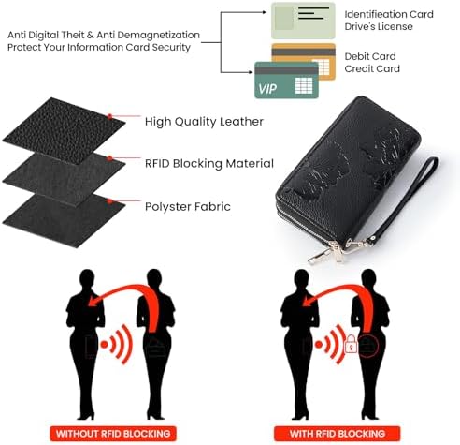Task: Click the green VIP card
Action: click(286, 81)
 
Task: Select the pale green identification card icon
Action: click(303, 21)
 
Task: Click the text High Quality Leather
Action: click(204, 122)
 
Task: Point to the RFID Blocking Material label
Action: click(209, 163)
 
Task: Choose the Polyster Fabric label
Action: click(188, 206)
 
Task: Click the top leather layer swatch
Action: click(64, 128)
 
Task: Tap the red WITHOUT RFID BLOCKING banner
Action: click(113, 434)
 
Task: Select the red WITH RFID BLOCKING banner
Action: click(337, 434)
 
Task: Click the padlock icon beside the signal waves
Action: click(351, 344)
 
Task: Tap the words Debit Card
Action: click(370, 56)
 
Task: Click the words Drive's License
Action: click(379, 26)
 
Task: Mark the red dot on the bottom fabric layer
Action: click(109, 201)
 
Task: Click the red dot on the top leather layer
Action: click(110, 116)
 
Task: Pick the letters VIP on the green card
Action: click(267, 89)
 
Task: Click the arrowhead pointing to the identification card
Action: click(265, 12)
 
